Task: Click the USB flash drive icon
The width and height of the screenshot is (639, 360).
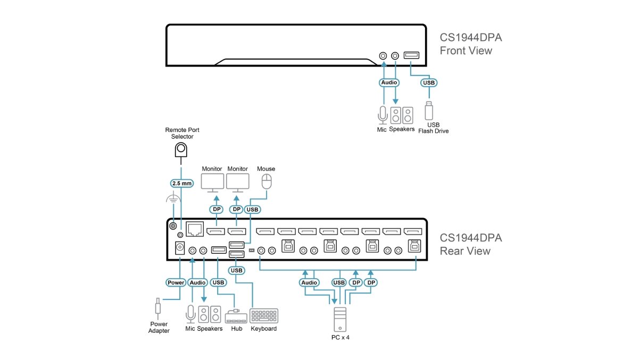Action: [428, 111]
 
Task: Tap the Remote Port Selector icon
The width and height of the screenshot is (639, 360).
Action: [181, 149]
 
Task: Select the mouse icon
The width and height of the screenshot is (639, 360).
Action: [267, 181]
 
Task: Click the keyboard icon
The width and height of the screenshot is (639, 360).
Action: [264, 316]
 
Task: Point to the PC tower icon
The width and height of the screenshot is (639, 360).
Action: [340, 320]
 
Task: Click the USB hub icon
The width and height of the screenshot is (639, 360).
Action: [236, 316]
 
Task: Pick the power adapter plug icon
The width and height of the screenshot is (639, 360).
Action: [157, 309]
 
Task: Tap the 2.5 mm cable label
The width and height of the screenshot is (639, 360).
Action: [182, 183]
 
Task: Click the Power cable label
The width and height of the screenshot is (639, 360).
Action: [176, 282]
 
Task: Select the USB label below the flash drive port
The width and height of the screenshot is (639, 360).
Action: [429, 82]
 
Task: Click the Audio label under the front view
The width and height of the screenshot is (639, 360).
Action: [389, 82]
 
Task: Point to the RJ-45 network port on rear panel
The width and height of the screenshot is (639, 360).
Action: [195, 229]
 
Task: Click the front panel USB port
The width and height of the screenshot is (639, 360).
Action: [411, 55]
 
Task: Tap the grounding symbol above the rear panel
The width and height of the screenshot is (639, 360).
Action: [173, 197]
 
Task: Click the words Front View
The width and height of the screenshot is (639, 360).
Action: [466, 51]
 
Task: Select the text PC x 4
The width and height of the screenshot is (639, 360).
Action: [341, 338]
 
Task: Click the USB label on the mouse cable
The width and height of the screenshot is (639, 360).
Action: [253, 210]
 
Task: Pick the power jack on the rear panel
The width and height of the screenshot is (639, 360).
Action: [180, 248]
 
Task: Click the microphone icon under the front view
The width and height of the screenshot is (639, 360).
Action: [383, 115]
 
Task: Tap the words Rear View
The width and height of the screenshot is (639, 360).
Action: [465, 251]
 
